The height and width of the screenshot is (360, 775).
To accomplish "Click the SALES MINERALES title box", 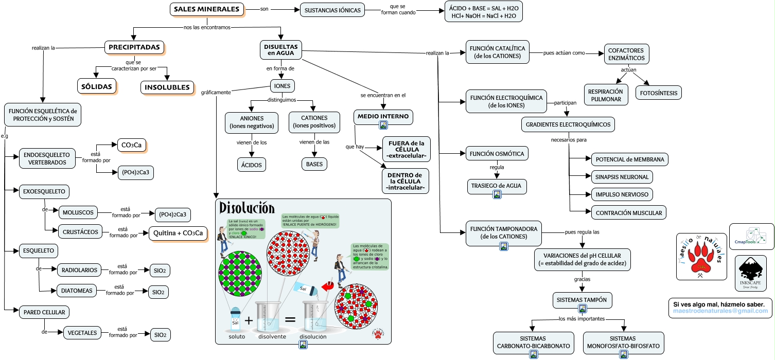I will [x=207, y=9].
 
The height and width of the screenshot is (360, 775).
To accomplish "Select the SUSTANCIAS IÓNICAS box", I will [x=332, y=10].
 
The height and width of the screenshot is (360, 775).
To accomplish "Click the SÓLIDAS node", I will [x=97, y=86].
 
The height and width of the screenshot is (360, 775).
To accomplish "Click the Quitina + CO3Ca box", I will [x=178, y=233].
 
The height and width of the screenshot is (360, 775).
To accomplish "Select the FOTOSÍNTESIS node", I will [x=659, y=93].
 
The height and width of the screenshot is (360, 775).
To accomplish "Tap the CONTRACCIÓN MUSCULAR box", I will [x=629, y=212].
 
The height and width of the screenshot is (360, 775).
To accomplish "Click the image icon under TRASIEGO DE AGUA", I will [x=497, y=194].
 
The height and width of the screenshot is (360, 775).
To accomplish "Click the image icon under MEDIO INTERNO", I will [x=383, y=124].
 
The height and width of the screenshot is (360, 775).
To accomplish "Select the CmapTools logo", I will [x=751, y=236].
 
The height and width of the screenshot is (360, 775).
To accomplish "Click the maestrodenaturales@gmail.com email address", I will [x=720, y=311].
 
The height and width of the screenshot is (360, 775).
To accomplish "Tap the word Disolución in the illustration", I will [x=246, y=208].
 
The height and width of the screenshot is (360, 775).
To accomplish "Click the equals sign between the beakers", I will [x=290, y=320].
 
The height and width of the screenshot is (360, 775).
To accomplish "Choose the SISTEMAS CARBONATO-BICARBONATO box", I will [x=534, y=343].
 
